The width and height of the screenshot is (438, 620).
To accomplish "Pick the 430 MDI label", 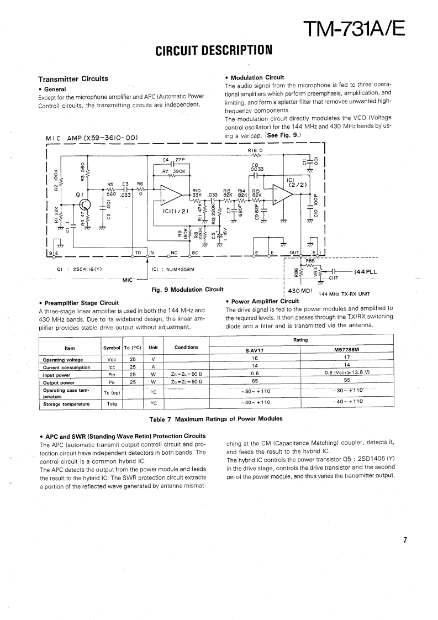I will tap(301, 290).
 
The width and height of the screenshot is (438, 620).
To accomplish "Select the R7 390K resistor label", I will tap(173, 172).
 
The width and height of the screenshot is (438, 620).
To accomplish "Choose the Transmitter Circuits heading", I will tap(73, 78).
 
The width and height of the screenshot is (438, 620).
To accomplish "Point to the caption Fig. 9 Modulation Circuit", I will tap(187, 289).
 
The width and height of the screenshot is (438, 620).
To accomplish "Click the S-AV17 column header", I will tap(255, 350).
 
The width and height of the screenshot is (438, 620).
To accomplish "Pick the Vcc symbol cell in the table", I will tap(112, 359).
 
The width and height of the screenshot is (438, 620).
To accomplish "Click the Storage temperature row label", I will tap(66, 404).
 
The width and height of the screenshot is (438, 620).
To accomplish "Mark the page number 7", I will tap(405, 540).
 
